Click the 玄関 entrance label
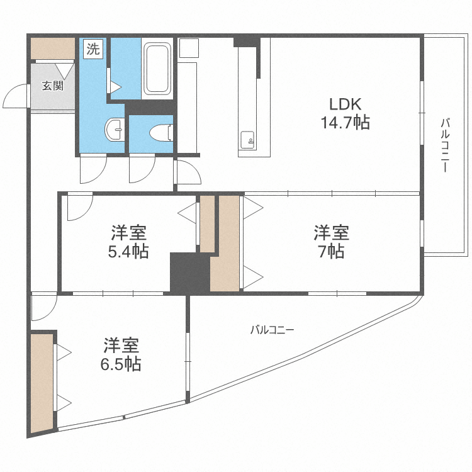(x=53, y=86)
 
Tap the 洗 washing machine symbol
(x=93, y=48)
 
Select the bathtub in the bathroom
(x=157, y=69)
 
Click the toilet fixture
(x=161, y=133)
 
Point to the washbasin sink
(x=115, y=130)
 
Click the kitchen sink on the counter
(x=247, y=140)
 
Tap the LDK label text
(x=345, y=104)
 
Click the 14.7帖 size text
(x=346, y=123)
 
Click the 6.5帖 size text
(x=121, y=364)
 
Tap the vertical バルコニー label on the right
(x=445, y=145)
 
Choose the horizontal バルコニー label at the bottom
(x=272, y=330)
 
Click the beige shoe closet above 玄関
(x=53, y=48)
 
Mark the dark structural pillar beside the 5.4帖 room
(x=190, y=272)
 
